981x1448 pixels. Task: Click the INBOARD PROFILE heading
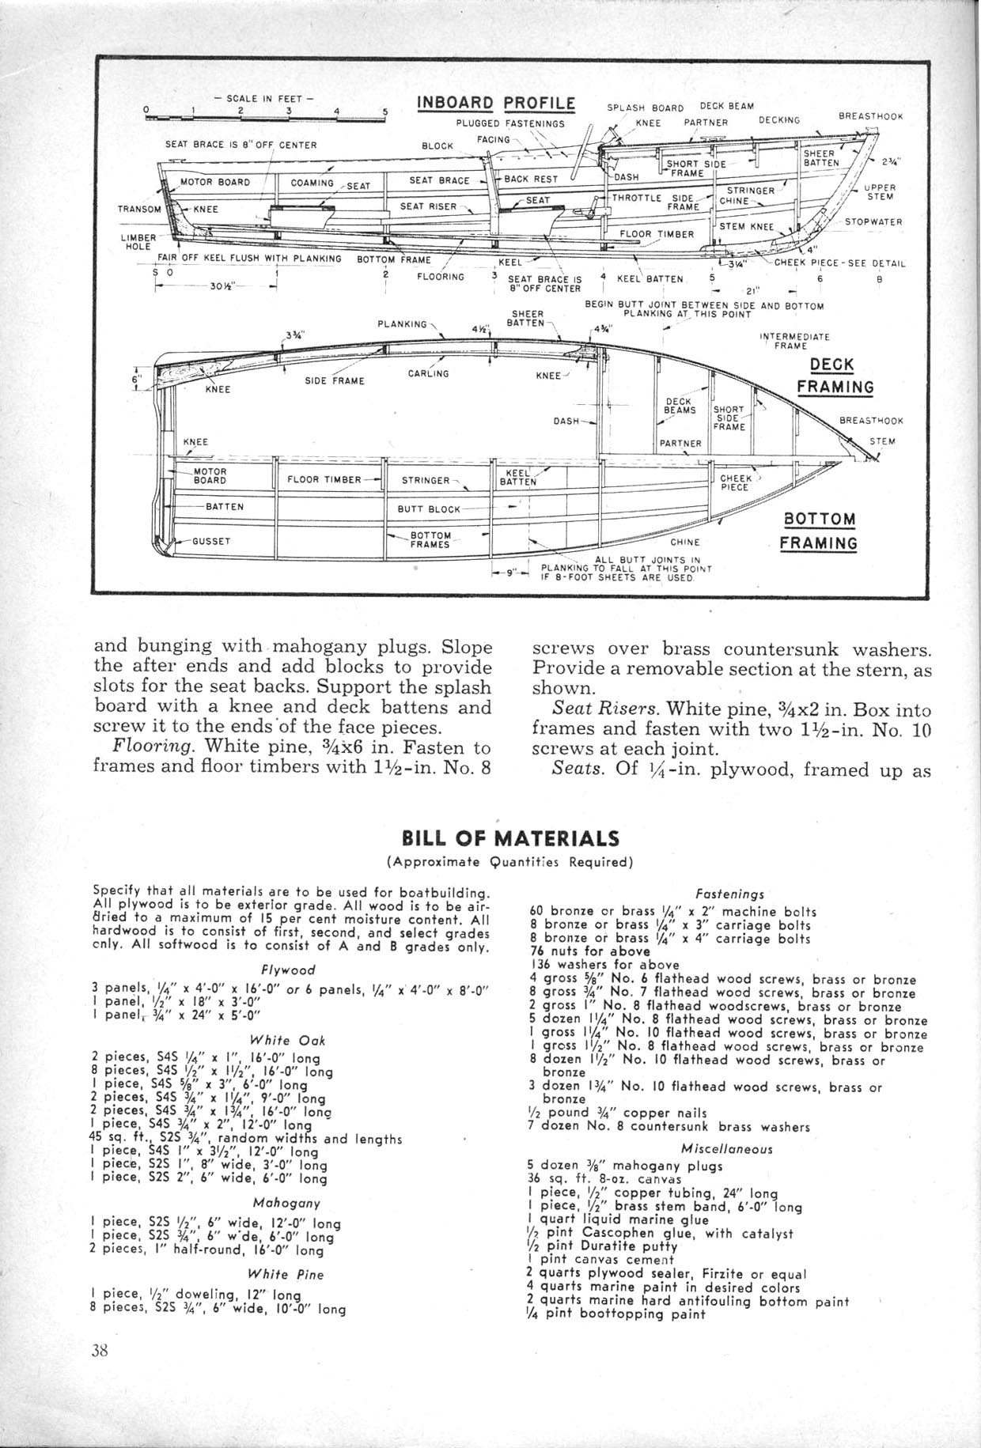[x=495, y=104]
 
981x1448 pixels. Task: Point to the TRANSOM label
[x=139, y=210]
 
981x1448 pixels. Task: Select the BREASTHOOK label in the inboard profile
[x=870, y=115]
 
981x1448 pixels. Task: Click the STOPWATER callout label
[x=873, y=221]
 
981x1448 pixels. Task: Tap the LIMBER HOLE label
[x=135, y=240]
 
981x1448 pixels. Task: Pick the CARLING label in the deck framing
[x=428, y=373]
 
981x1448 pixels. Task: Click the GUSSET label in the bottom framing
[x=210, y=542]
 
